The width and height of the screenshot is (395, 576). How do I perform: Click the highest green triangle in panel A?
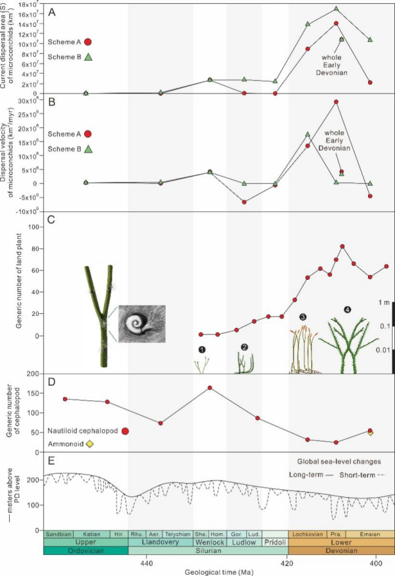pyautogui.click(x=336, y=9)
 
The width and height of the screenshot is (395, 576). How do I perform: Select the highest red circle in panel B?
pyautogui.click(x=336, y=101)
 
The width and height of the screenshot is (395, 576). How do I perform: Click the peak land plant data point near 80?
pyautogui.click(x=342, y=246)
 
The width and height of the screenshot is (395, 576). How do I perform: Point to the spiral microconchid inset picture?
pyautogui.click(x=142, y=325)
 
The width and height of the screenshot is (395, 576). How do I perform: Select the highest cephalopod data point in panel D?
pyautogui.click(x=209, y=387)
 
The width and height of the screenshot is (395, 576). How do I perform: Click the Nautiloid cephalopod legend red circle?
pyautogui.click(x=125, y=431)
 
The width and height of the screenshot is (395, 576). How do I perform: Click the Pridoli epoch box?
pyautogui.click(x=275, y=542)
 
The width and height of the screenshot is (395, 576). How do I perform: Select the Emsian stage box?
pyautogui.click(x=371, y=533)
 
